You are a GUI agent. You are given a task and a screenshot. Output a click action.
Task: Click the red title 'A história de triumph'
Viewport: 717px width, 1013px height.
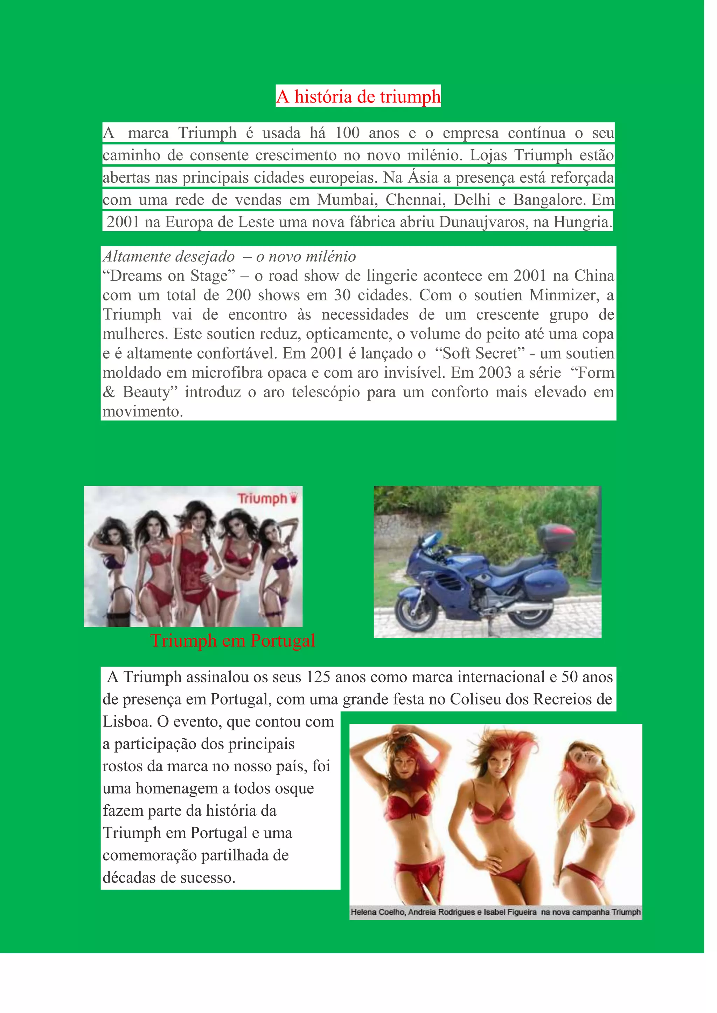point(358,97)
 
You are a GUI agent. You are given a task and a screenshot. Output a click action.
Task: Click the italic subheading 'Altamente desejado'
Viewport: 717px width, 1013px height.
point(169,256)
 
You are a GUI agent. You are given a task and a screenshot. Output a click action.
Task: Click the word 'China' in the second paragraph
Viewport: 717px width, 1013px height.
point(594,276)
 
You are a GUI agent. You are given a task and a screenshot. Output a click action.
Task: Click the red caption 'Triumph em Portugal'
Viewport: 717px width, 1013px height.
point(233,640)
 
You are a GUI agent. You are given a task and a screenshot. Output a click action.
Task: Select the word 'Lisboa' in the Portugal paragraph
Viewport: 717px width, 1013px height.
point(127,721)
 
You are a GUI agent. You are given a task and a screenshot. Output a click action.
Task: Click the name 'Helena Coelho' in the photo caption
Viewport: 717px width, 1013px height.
point(377,912)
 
